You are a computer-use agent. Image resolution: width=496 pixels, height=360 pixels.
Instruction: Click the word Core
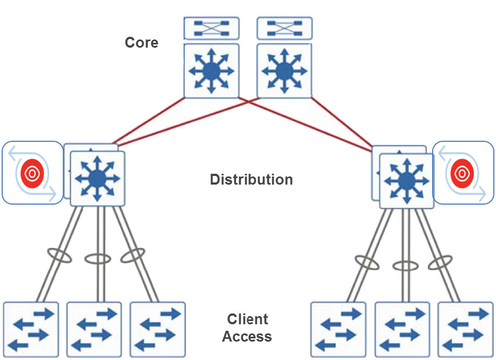(141, 42)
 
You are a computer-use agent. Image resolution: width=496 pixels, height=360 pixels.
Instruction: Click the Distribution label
(251, 180)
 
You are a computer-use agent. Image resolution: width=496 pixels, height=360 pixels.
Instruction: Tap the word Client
(247, 319)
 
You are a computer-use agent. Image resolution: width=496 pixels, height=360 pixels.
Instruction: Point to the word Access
(247, 337)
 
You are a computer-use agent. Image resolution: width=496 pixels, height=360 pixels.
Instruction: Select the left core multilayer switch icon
(211, 70)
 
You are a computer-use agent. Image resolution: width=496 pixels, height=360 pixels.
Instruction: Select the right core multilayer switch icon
(284, 70)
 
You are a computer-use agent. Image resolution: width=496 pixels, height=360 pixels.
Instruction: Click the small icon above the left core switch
(211, 28)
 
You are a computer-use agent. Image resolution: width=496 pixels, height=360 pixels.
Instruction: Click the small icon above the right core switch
(284, 28)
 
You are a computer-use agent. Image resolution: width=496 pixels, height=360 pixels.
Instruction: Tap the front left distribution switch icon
(97, 178)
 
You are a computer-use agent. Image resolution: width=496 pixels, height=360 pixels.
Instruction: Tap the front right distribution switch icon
(406, 181)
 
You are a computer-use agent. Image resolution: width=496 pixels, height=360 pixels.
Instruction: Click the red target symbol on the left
(31, 173)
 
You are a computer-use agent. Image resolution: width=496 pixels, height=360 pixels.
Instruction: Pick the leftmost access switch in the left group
(30, 329)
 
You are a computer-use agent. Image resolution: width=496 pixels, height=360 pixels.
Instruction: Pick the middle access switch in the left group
(94, 329)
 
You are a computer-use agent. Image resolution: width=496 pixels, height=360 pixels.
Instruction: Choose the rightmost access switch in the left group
(157, 329)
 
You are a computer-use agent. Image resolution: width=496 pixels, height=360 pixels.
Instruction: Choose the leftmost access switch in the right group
(338, 329)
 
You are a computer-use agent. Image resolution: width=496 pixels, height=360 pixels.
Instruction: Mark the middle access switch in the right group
(402, 329)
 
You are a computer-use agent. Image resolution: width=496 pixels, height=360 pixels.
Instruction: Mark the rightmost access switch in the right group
(465, 329)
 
